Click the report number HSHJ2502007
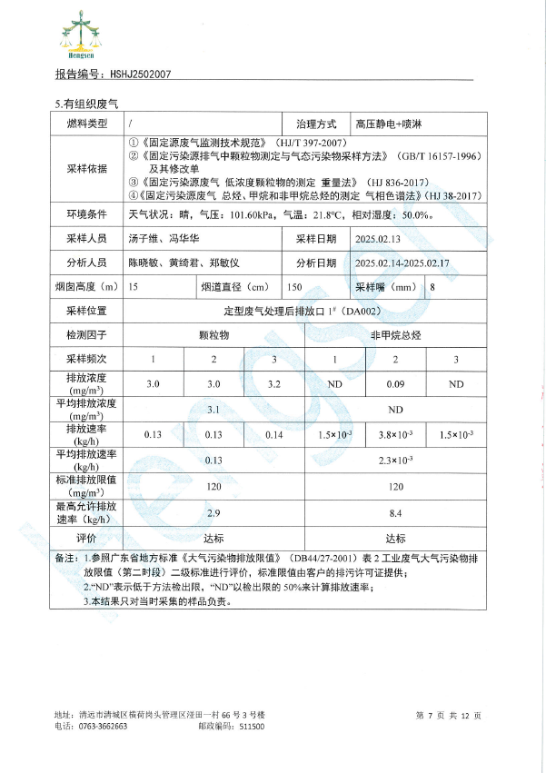[x=137, y=75]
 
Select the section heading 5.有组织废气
[x=82, y=104]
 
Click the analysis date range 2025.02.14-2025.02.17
[x=403, y=263]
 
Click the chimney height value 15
[x=134, y=287]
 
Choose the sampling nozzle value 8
[x=432, y=287]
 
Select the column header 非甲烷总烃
[x=395, y=335]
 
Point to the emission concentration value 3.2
[x=273, y=384]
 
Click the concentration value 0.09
[x=395, y=384]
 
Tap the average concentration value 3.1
[x=213, y=410]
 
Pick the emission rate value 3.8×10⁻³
[x=395, y=435]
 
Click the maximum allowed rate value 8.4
[x=395, y=512]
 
